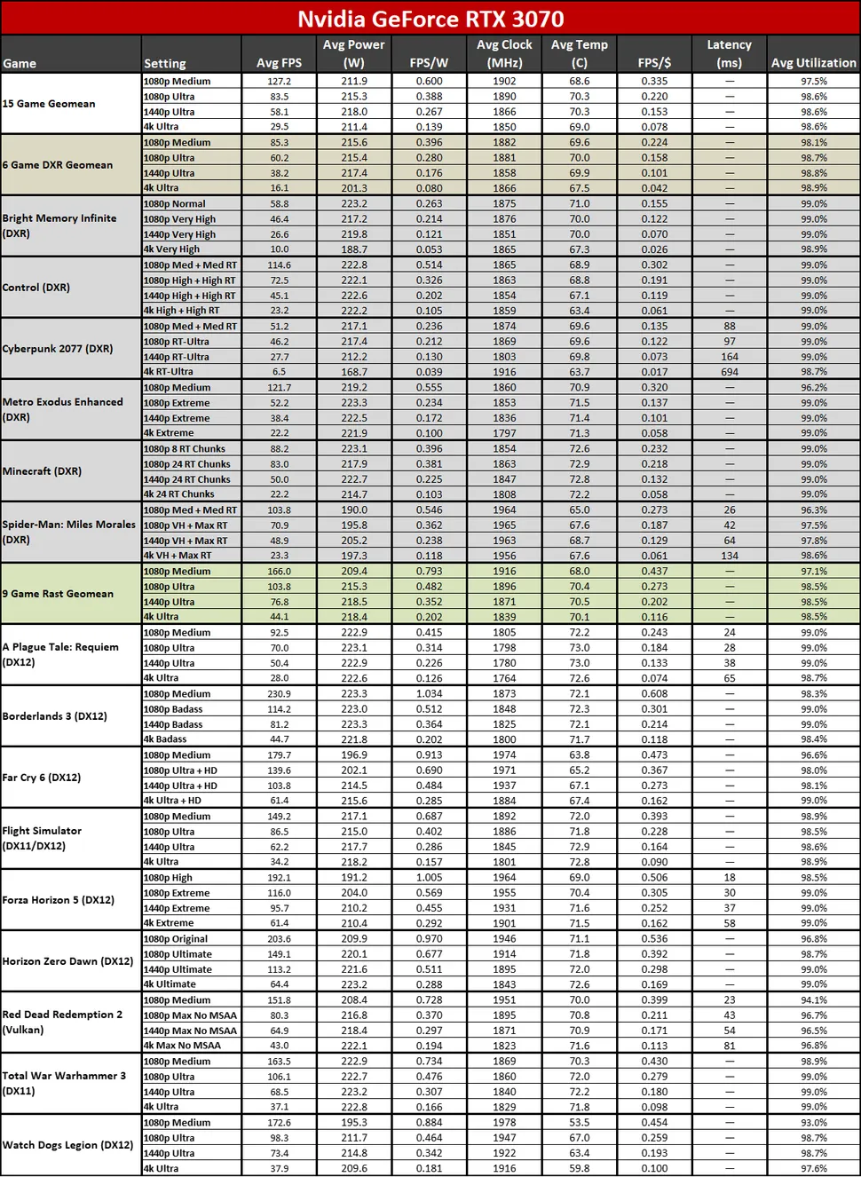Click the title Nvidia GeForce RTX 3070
(x=430, y=19)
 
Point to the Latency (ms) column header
(x=729, y=54)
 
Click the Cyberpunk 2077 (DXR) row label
(x=58, y=349)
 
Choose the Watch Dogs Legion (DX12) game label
(x=67, y=1145)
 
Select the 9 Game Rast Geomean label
(x=58, y=594)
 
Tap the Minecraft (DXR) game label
(x=42, y=471)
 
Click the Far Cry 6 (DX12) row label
(x=42, y=778)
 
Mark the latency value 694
(x=729, y=372)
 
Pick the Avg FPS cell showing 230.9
(x=279, y=694)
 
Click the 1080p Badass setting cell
(x=173, y=709)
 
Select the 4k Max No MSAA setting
(x=183, y=1046)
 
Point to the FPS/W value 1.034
(x=429, y=694)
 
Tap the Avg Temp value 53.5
(x=579, y=1123)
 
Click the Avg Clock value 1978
(x=504, y=1123)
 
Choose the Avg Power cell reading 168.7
(x=353, y=372)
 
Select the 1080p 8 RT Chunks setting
(x=185, y=449)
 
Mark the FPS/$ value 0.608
(x=654, y=694)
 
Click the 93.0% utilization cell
(x=813, y=1123)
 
